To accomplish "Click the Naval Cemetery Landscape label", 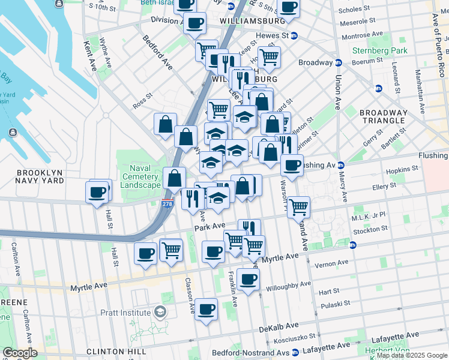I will click(140, 176).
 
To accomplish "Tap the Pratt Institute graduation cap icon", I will click(160, 312).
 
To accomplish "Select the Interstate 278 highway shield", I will click(167, 203).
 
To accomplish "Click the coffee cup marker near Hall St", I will click(97, 193).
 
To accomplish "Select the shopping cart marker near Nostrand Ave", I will click(298, 207).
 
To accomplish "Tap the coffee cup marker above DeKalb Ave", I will click(206, 310).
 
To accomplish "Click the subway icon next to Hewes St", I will click(294, 35).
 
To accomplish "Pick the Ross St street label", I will click(143, 100).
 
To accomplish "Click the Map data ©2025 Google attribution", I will click(411, 355).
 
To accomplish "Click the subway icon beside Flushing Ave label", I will click(340, 165).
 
